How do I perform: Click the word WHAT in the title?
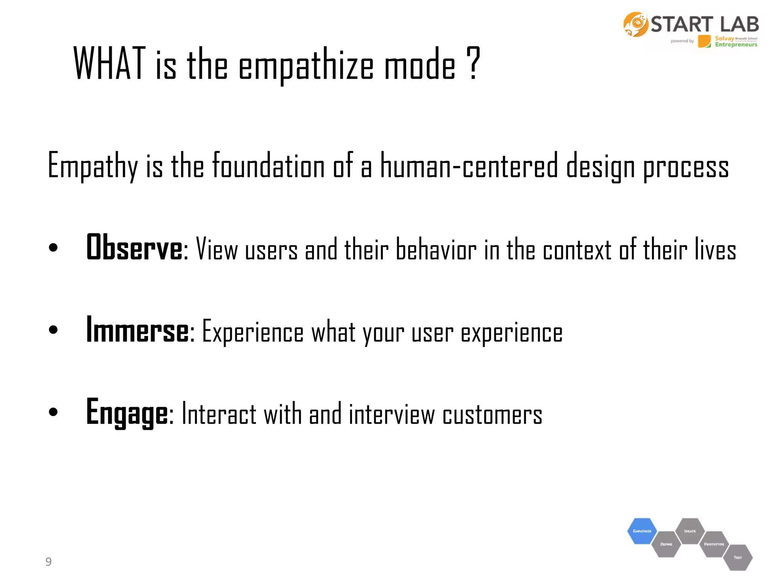109,64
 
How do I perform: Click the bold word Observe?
134,247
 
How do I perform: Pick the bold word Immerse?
137,330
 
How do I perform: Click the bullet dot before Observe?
53,248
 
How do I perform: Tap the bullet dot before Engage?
53,412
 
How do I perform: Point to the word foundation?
268,166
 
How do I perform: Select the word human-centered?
469,166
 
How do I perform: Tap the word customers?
492,414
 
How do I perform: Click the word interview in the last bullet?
392,414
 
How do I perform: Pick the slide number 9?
49,561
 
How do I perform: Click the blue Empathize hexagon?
642,531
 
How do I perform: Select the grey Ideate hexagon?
690,531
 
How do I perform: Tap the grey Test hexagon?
737,557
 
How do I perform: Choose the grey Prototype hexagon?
714,544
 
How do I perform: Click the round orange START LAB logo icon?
635,24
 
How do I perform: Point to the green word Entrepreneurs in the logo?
736,45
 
